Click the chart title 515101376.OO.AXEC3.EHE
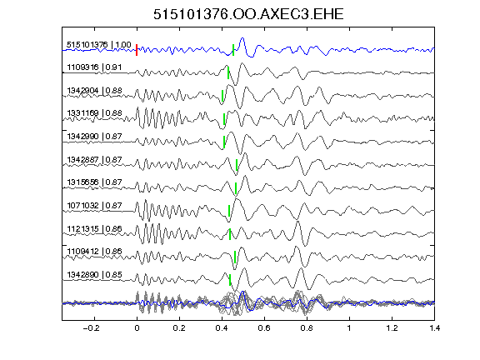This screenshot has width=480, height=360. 248,14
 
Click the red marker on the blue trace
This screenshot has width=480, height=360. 137,50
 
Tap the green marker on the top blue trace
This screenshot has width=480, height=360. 233,50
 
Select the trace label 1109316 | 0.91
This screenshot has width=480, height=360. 94,67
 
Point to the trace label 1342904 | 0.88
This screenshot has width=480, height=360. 94,91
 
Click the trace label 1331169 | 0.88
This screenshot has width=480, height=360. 94,113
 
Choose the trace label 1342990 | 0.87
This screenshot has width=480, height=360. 94,136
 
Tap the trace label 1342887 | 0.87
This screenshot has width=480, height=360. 94,159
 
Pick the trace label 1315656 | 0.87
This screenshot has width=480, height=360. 94,182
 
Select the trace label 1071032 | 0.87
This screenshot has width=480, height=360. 94,205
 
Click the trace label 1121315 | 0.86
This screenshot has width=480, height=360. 94,228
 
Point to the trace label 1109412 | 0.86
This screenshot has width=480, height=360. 94,252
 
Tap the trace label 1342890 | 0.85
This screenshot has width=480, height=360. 94,275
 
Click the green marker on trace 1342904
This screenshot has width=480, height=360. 222,96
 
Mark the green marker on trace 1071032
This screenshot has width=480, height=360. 229,211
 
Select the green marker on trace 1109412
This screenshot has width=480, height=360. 235,257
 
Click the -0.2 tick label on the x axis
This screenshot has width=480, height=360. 91,328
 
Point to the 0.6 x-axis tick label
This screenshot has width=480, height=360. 264,328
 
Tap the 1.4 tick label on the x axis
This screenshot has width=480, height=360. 435,328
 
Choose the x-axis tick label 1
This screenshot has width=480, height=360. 349,328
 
